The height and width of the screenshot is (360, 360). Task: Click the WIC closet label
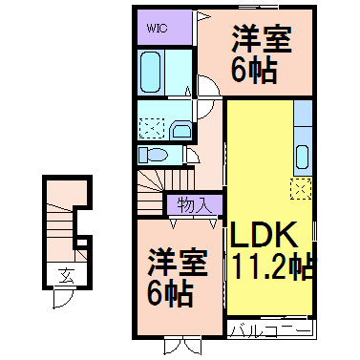[158, 28]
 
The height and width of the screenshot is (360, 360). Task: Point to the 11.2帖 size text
[270, 264]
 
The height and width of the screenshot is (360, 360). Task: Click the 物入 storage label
[196, 203]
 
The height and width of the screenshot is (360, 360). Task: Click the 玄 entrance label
[66, 275]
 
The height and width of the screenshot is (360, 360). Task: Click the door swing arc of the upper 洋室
[209, 91]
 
